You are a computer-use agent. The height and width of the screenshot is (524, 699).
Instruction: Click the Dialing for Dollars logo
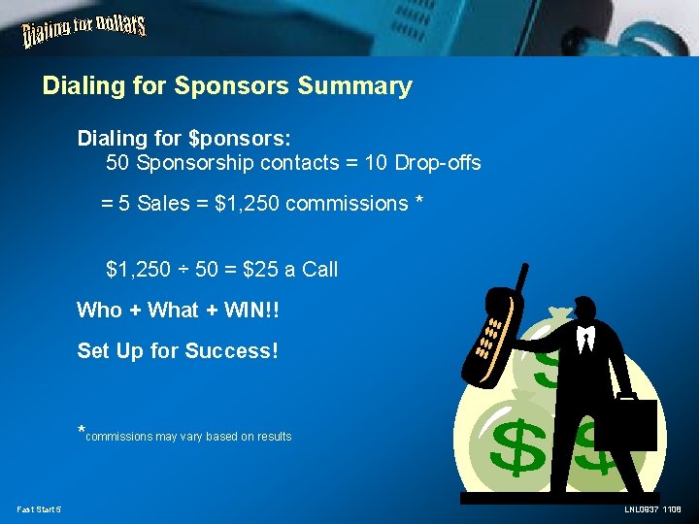[83, 33]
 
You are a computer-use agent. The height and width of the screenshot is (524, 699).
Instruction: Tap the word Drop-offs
[438, 163]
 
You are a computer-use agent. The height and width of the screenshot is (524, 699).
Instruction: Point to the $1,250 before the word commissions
[248, 204]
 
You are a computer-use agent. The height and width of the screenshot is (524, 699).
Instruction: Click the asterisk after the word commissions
[419, 204]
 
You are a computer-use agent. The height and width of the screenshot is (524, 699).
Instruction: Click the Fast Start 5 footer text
[39, 509]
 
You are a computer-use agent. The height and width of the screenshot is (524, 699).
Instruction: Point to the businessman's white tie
[585, 340]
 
